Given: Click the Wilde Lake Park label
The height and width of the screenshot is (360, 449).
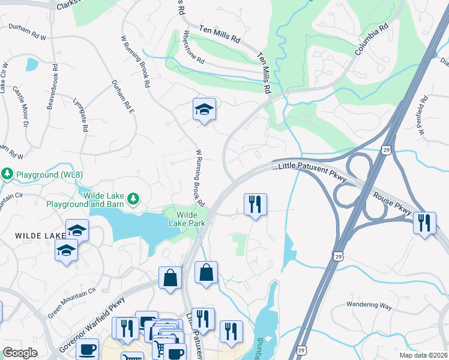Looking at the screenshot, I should pyautogui.click(x=191, y=219).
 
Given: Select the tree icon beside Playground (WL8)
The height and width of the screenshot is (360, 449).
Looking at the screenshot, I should pyautogui.click(x=7, y=174).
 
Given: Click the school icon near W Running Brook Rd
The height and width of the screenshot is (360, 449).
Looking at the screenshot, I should pyautogui.click(x=204, y=110).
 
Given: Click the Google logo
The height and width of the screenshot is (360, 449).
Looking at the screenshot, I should pyautogui.click(x=20, y=353).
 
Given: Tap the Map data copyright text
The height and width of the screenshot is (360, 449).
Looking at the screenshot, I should pyautogui.click(x=424, y=355).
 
